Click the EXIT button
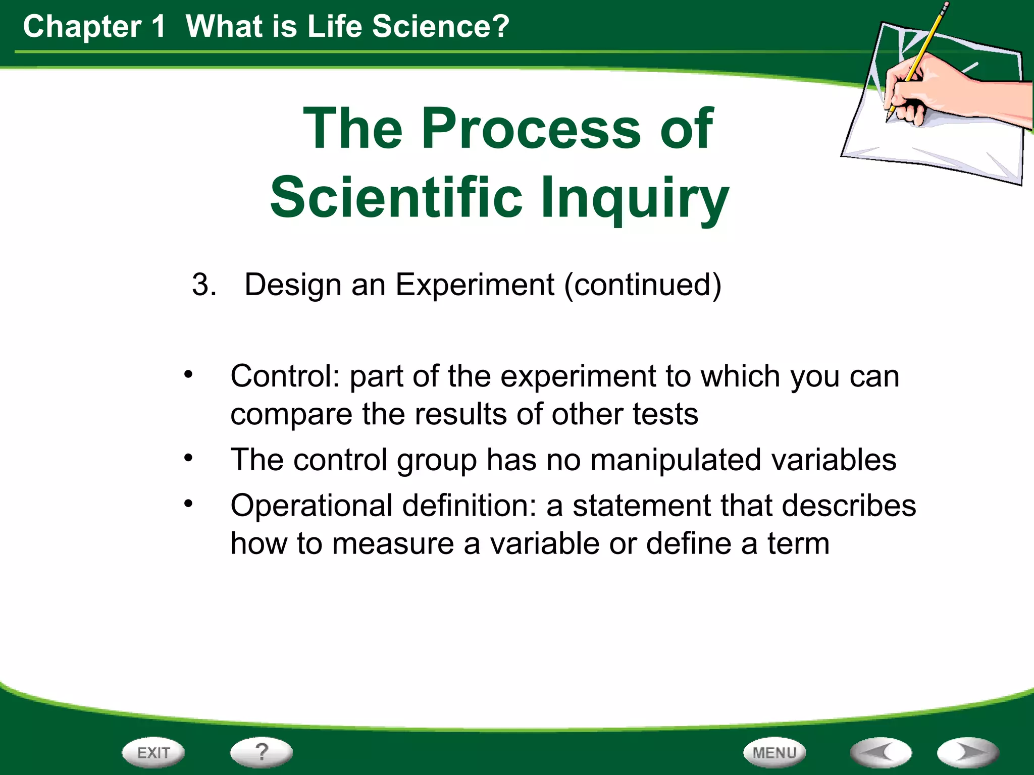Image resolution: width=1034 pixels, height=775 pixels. (x=153, y=752)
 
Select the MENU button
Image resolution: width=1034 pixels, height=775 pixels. (x=774, y=752)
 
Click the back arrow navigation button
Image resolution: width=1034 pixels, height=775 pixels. (x=881, y=752)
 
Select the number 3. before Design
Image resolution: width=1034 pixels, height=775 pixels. (x=204, y=285)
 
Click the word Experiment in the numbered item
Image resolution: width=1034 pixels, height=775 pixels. (x=475, y=285)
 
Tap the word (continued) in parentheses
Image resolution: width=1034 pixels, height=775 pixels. (x=643, y=285)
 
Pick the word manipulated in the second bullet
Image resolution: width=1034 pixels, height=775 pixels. (x=676, y=460)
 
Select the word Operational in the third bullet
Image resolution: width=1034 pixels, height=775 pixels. (x=311, y=506)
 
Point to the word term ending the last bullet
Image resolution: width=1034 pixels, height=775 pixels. (x=798, y=544)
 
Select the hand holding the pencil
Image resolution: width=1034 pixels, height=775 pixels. (x=934, y=93)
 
